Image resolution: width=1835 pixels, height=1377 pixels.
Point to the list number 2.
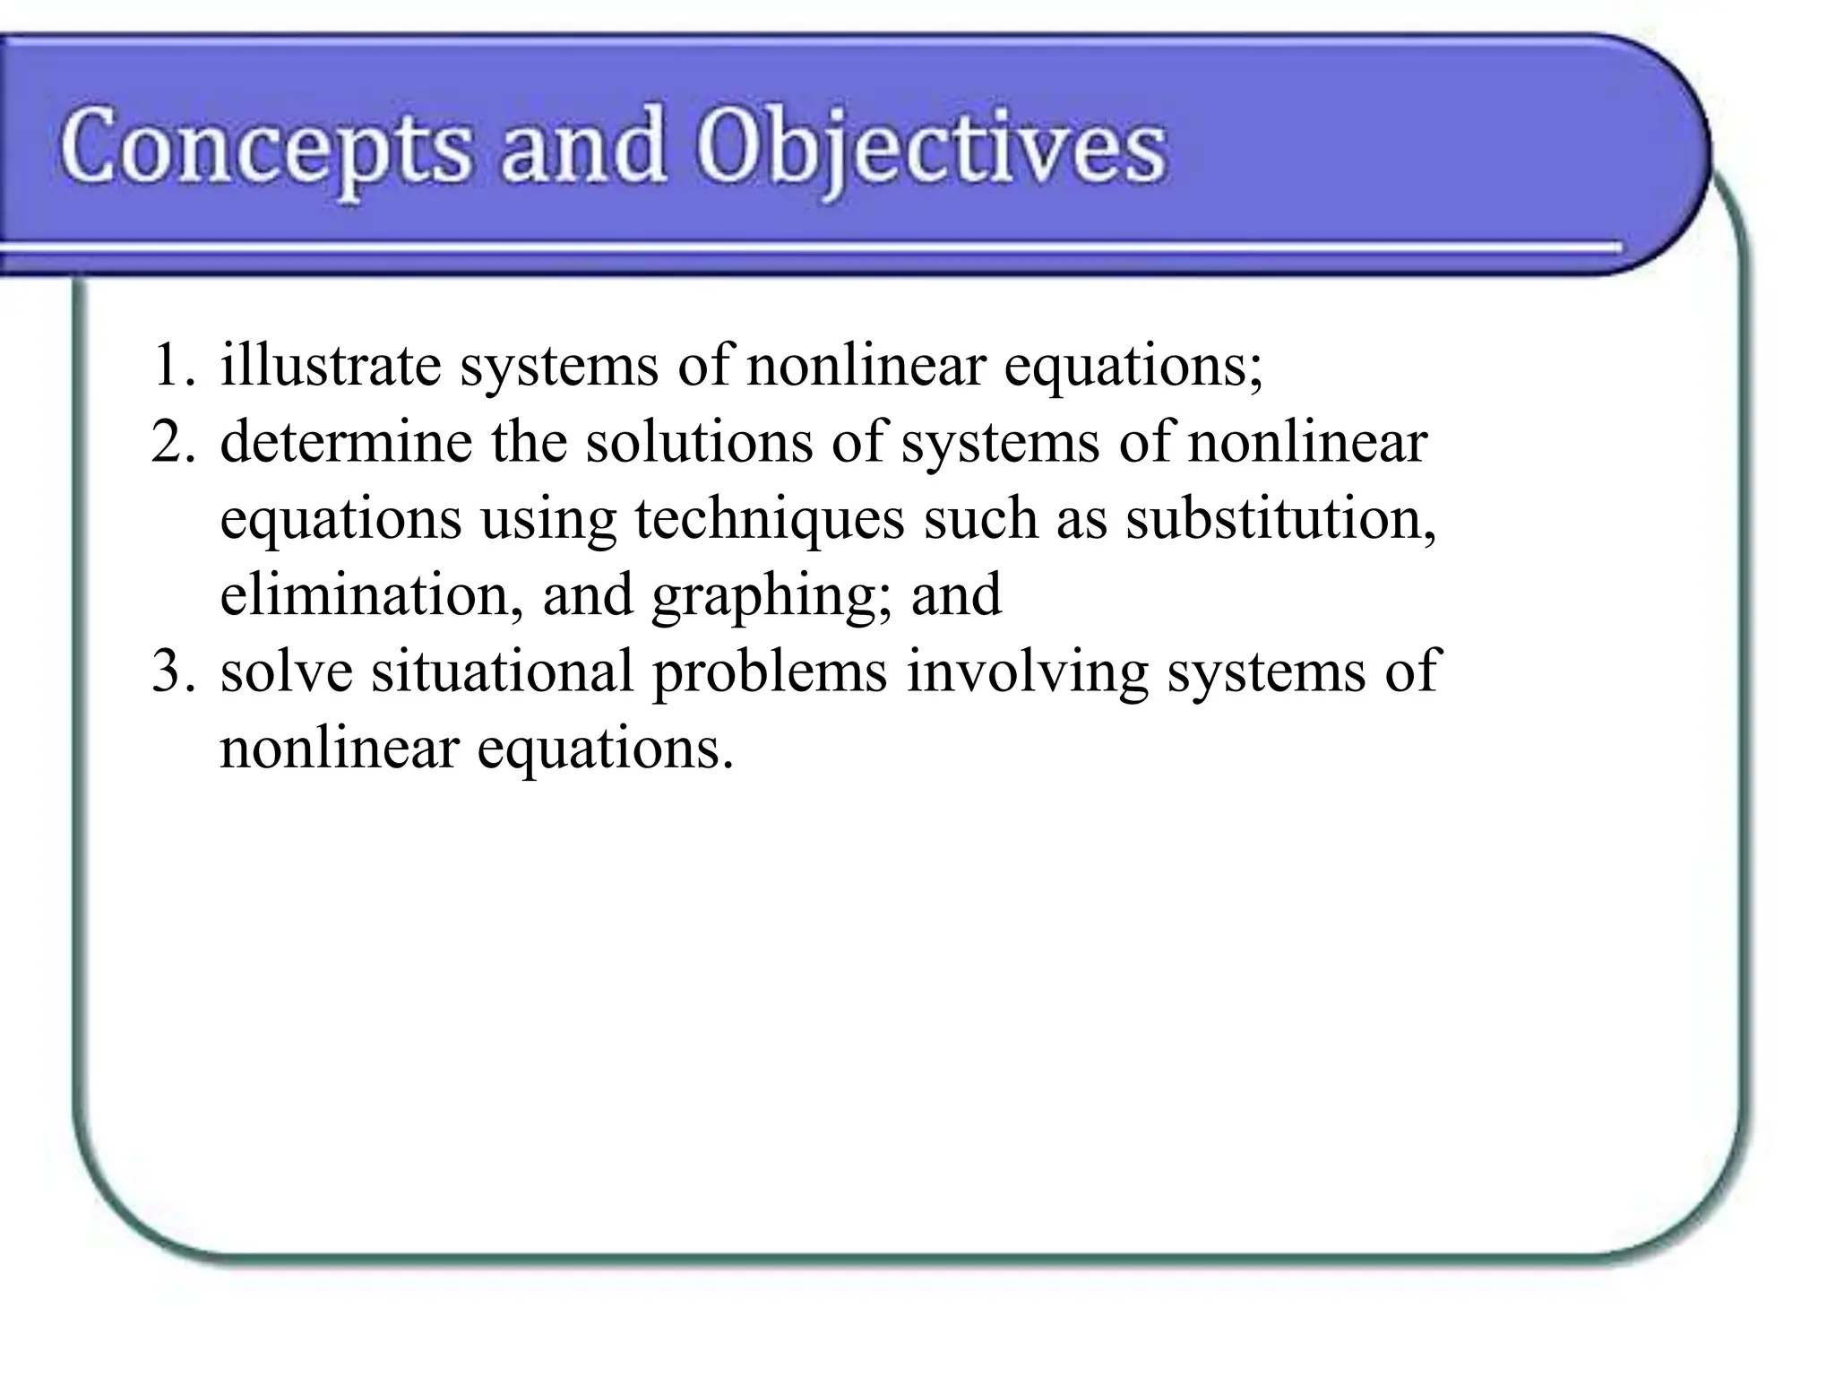pos(172,442)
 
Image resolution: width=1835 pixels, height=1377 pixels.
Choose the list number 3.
pos(172,671)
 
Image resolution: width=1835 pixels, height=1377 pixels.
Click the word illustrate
pos(331,366)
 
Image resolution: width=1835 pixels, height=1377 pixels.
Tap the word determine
pos(346,442)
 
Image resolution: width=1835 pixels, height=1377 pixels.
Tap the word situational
pos(503,671)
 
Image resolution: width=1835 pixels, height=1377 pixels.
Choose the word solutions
pos(699,442)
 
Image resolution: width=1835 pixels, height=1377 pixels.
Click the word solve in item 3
pos(286,671)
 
